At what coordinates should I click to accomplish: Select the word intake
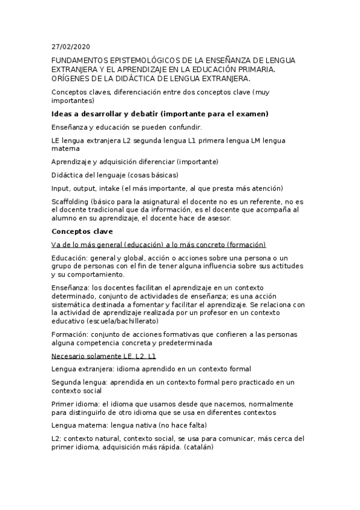[x=110, y=188]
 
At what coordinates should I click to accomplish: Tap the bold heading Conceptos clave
[x=82, y=232]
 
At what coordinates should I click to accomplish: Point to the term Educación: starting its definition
[x=70, y=257]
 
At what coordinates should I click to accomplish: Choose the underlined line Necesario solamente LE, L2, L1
[x=104, y=355]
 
